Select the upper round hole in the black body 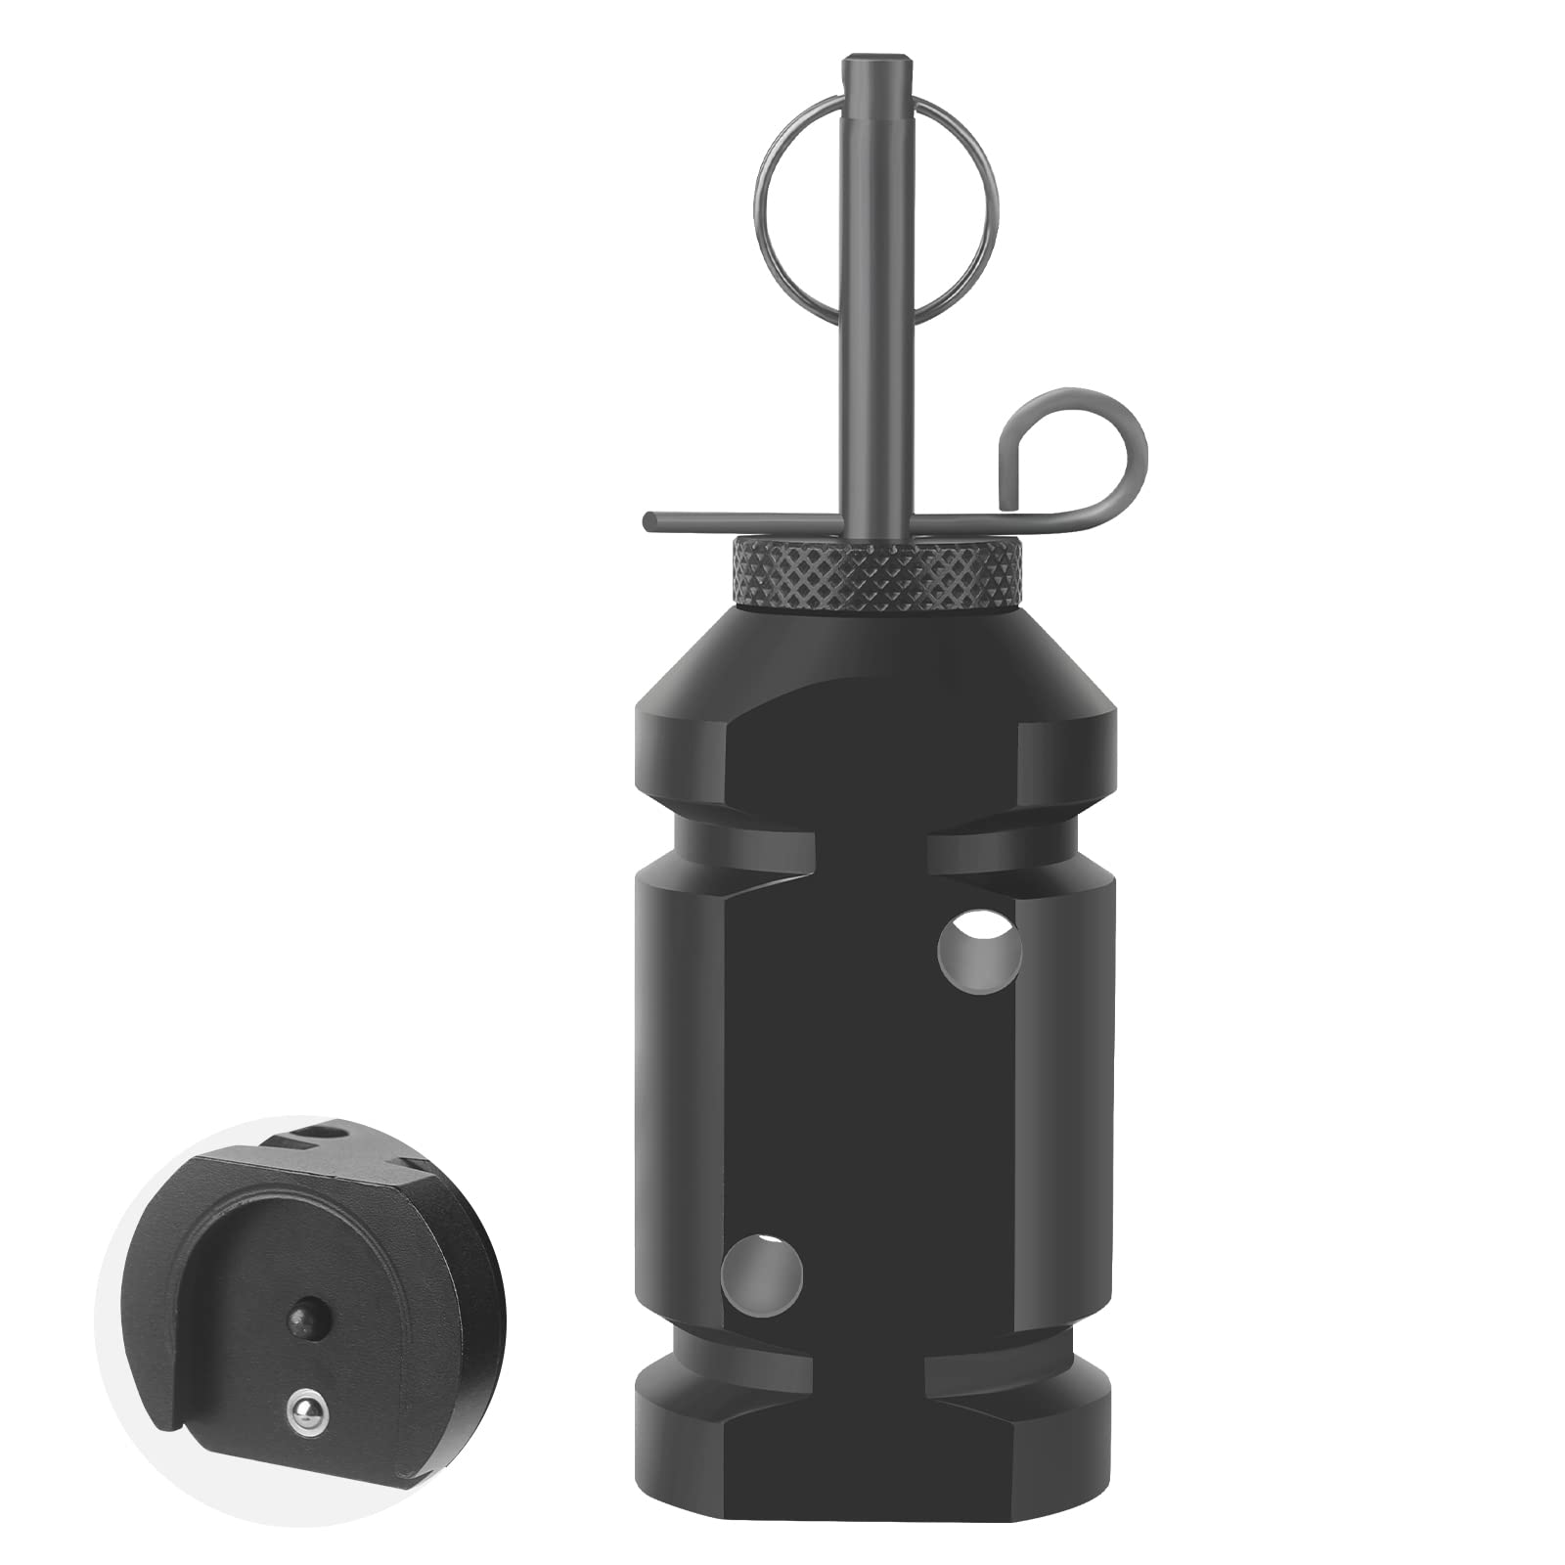(979, 950)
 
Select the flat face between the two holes (871, 1115)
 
